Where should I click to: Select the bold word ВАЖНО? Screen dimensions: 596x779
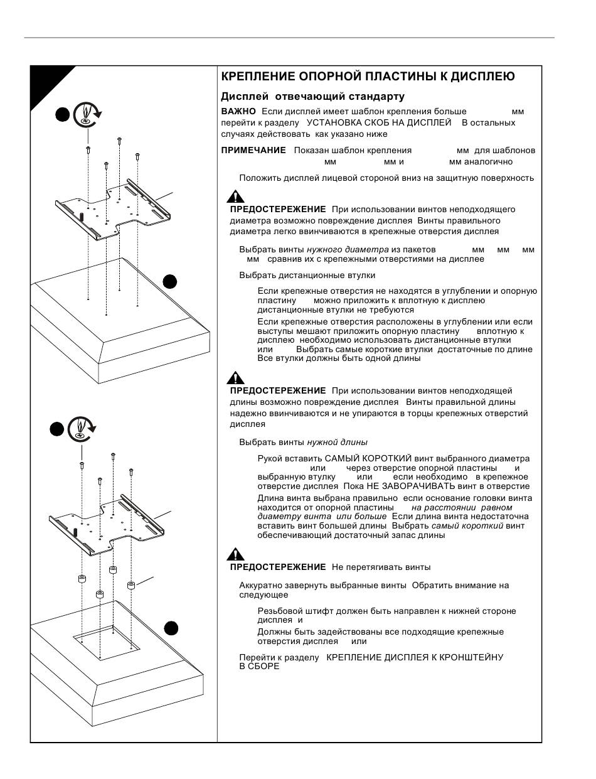point(238,112)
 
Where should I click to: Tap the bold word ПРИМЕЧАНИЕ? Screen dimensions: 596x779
point(253,150)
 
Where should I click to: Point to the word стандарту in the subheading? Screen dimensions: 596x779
point(377,97)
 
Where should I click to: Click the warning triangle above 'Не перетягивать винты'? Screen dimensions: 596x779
point(235,554)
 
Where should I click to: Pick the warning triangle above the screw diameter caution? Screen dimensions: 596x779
point(235,196)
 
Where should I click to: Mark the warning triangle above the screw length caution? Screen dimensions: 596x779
point(235,378)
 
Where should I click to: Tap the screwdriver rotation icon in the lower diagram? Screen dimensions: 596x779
point(82,429)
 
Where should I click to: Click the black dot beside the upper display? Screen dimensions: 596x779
point(170,281)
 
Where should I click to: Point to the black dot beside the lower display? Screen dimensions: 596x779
point(171,628)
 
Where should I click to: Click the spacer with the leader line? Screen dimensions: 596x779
point(131,586)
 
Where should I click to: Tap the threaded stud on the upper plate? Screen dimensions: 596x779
point(82,217)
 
